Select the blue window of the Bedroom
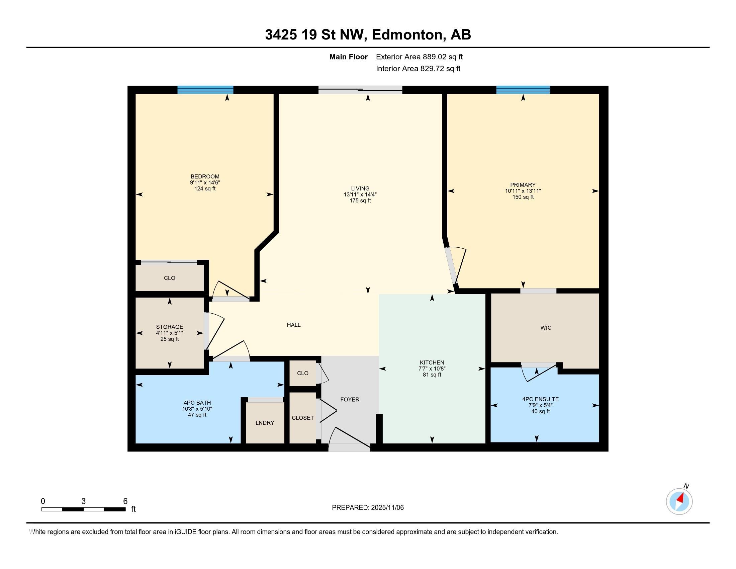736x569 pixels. pyautogui.click(x=205, y=90)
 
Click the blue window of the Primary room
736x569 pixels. pyautogui.click(x=523, y=90)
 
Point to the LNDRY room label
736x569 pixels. pyautogui.click(x=265, y=423)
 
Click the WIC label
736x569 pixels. pyautogui.click(x=546, y=328)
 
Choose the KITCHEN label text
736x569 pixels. pyautogui.click(x=432, y=363)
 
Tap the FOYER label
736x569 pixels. pyautogui.click(x=350, y=399)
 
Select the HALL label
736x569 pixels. pyautogui.click(x=293, y=325)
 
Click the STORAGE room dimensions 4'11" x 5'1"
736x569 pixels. pyautogui.click(x=170, y=333)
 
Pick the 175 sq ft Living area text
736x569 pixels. pyautogui.click(x=360, y=200)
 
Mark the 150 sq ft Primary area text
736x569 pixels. pyautogui.click(x=523, y=197)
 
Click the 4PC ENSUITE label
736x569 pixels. pyautogui.click(x=541, y=399)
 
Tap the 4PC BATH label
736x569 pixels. pyautogui.click(x=197, y=402)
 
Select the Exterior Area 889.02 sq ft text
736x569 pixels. pyautogui.click(x=420, y=57)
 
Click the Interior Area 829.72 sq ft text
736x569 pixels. pyautogui.click(x=418, y=69)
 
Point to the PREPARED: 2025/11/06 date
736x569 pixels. pyautogui.click(x=368, y=508)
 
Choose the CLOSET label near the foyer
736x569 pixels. pyautogui.click(x=303, y=418)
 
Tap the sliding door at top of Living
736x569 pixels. pyautogui.click(x=360, y=90)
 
